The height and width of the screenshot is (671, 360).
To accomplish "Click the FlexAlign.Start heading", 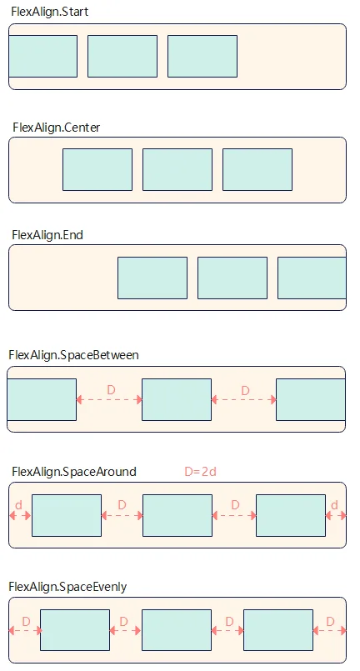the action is (x=50, y=12).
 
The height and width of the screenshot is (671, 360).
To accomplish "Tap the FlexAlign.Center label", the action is (x=56, y=128).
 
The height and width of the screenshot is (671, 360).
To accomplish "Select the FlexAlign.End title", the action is (x=47, y=235).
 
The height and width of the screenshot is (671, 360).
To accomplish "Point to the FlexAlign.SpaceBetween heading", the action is (x=73, y=355).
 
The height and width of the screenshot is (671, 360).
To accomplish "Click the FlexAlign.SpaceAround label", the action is (x=74, y=472).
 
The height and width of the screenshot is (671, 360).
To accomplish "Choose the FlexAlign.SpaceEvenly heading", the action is (x=67, y=587).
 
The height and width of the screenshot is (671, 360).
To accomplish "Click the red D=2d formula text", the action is (x=200, y=472).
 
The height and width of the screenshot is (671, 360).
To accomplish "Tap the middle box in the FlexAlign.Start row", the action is (x=122, y=57).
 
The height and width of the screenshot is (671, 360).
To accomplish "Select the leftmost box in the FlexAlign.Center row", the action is (x=97, y=170).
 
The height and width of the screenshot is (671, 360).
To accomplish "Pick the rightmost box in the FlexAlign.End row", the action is (x=312, y=278).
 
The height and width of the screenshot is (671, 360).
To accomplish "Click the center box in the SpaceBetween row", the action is (x=177, y=400).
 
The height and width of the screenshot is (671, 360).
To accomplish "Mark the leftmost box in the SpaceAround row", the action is (x=67, y=516).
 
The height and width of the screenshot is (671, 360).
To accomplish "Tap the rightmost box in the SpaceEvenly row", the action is (x=278, y=630).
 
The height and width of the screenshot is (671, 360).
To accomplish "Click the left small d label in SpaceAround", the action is (x=18, y=505).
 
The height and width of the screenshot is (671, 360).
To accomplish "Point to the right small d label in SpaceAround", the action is (x=334, y=505).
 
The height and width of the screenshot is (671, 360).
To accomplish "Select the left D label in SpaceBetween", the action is (x=111, y=390).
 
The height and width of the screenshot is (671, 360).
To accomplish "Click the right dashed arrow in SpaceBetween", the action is (x=244, y=400).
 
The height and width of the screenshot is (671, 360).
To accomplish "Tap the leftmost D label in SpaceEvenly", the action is (x=26, y=621).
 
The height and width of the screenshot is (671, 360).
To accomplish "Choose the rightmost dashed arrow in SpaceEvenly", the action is (x=330, y=630).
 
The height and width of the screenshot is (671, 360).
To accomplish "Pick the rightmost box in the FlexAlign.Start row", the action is (x=202, y=57).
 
